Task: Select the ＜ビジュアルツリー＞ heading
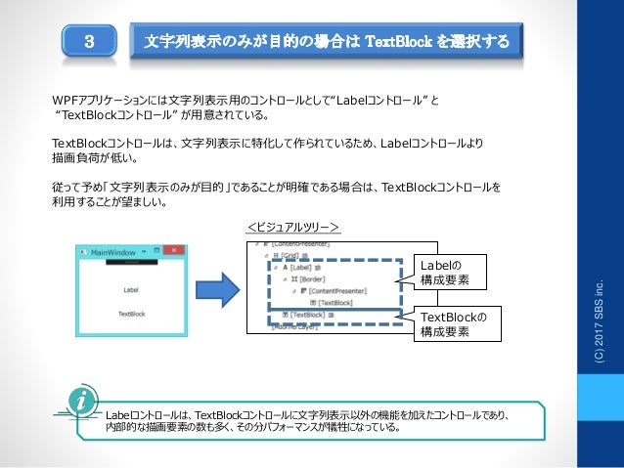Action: [291, 227]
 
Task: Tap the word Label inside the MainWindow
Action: [131, 289]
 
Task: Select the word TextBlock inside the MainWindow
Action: [131, 314]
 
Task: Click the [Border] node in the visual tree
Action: [311, 278]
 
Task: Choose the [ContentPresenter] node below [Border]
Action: [336, 290]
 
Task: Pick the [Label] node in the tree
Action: [297, 267]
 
